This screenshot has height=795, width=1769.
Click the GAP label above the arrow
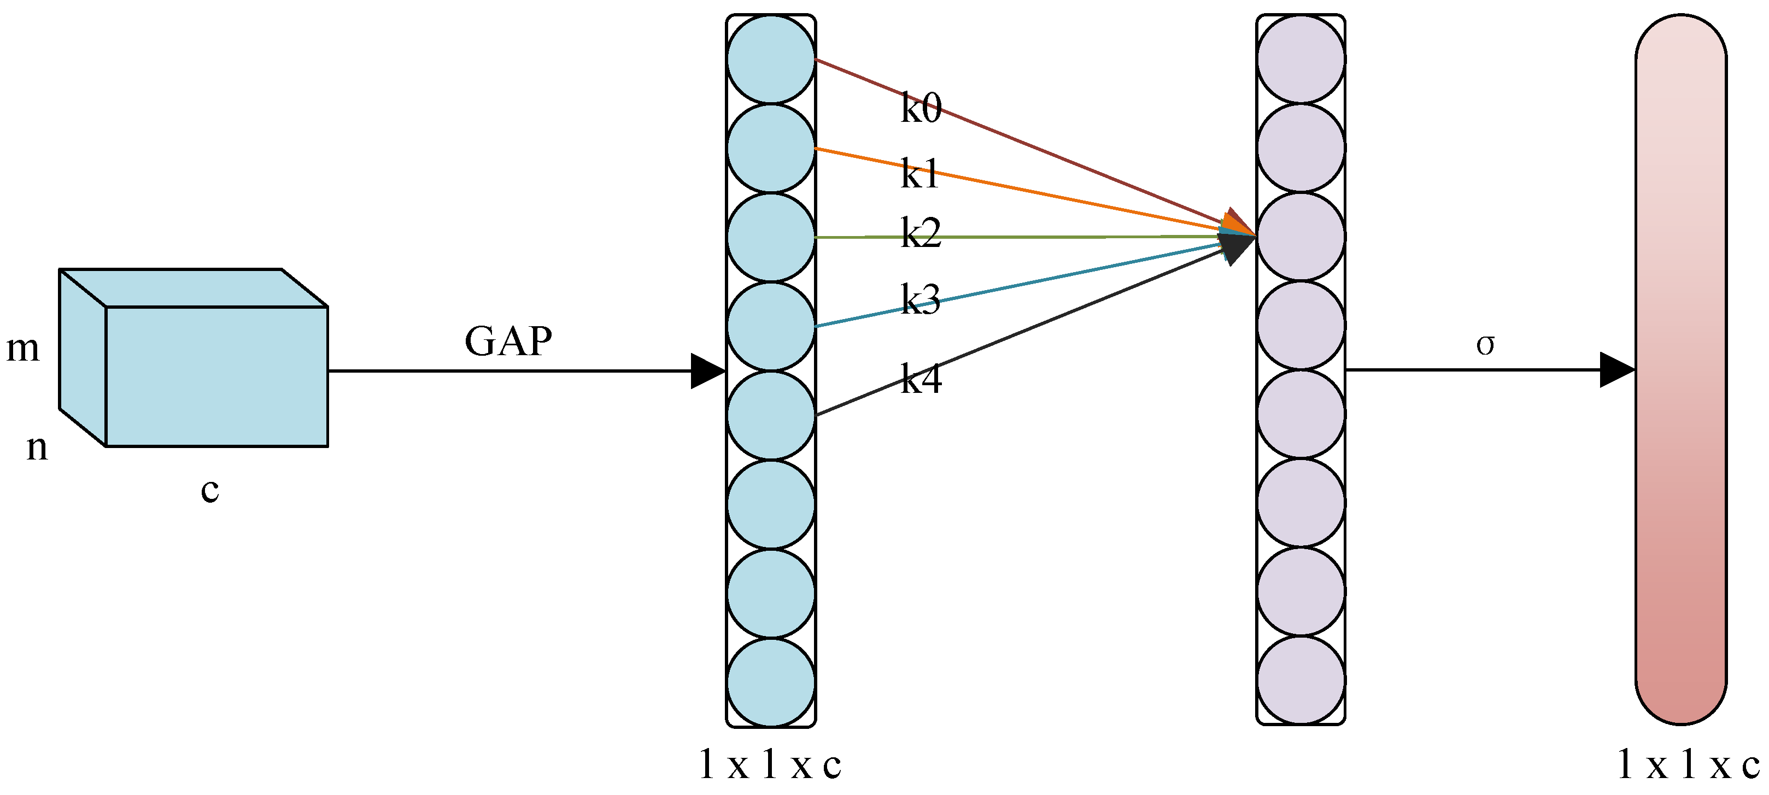(508, 341)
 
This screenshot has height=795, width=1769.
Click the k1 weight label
(919, 173)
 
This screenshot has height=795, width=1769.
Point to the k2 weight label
(920, 233)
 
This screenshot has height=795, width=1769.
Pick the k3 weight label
(920, 299)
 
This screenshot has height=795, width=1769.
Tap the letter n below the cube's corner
(37, 447)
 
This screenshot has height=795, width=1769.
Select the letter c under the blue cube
(209, 490)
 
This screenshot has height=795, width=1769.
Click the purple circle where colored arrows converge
(1301, 236)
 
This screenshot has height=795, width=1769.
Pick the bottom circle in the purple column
(1301, 680)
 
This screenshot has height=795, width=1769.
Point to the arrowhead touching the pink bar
(1616, 370)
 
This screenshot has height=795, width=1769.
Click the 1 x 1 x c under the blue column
(769, 765)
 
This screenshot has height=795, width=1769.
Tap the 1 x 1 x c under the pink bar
(1688, 765)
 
